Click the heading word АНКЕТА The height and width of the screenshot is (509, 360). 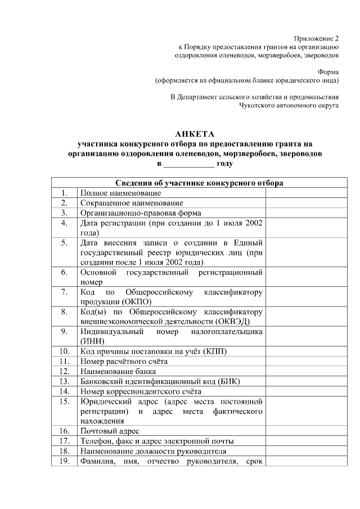click(x=195, y=134)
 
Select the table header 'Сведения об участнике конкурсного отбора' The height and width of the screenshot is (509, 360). click(x=199, y=183)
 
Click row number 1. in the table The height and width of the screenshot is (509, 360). click(x=65, y=193)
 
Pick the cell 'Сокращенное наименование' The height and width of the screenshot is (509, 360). click(x=132, y=202)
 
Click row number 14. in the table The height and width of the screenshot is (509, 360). click(x=65, y=391)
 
